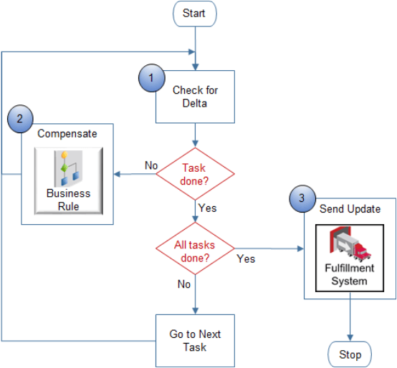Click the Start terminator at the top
[194, 13]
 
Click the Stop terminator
[350, 354]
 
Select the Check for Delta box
[195, 97]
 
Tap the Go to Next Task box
[195, 340]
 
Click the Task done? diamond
[195, 173]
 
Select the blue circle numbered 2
[19, 118]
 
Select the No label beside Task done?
[151, 165]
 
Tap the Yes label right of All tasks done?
[246, 258]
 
